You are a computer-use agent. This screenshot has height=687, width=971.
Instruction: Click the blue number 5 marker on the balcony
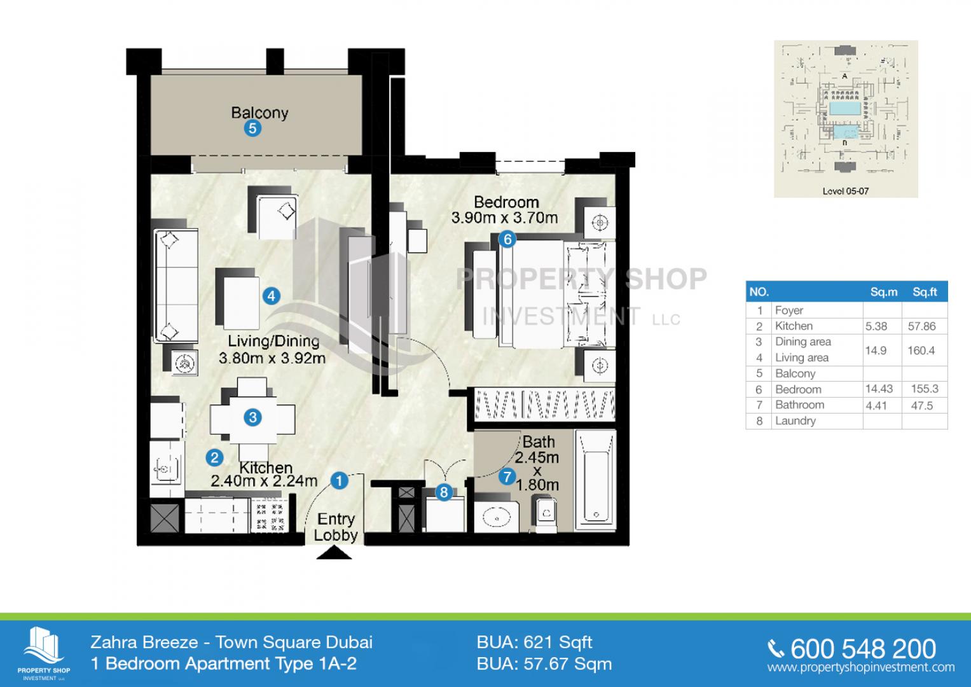pyautogui.click(x=252, y=128)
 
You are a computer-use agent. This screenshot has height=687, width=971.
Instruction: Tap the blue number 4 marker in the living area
pyautogui.click(x=272, y=296)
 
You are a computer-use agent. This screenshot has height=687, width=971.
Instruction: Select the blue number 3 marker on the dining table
pyautogui.click(x=252, y=417)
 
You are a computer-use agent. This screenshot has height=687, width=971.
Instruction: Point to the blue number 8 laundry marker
pyautogui.click(x=443, y=492)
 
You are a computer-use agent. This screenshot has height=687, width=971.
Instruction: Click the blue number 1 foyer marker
pyautogui.click(x=339, y=480)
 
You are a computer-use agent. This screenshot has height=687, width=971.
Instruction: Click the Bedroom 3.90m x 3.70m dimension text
pyautogui.click(x=504, y=210)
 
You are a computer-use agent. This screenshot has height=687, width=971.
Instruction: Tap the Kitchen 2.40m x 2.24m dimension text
pyautogui.click(x=264, y=474)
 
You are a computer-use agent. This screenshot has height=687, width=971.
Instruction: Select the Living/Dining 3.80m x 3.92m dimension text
pyautogui.click(x=272, y=350)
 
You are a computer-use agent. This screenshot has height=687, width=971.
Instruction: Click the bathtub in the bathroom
pyautogui.click(x=596, y=480)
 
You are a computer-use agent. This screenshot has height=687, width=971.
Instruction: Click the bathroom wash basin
pyautogui.click(x=497, y=517)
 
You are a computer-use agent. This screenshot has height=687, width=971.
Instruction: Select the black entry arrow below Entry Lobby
pyautogui.click(x=334, y=553)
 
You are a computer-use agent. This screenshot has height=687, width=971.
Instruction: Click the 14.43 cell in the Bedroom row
pyautogui.click(x=879, y=389)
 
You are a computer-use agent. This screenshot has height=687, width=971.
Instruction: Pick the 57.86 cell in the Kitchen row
pyautogui.click(x=921, y=326)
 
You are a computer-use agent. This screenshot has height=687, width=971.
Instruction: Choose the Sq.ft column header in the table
pyautogui.click(x=925, y=292)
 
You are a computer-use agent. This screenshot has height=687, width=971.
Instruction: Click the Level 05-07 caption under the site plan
pyautogui.click(x=845, y=191)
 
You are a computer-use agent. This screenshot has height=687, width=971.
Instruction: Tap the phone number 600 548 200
pyautogui.click(x=863, y=649)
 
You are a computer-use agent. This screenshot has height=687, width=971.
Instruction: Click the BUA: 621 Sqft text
pyautogui.click(x=534, y=642)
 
